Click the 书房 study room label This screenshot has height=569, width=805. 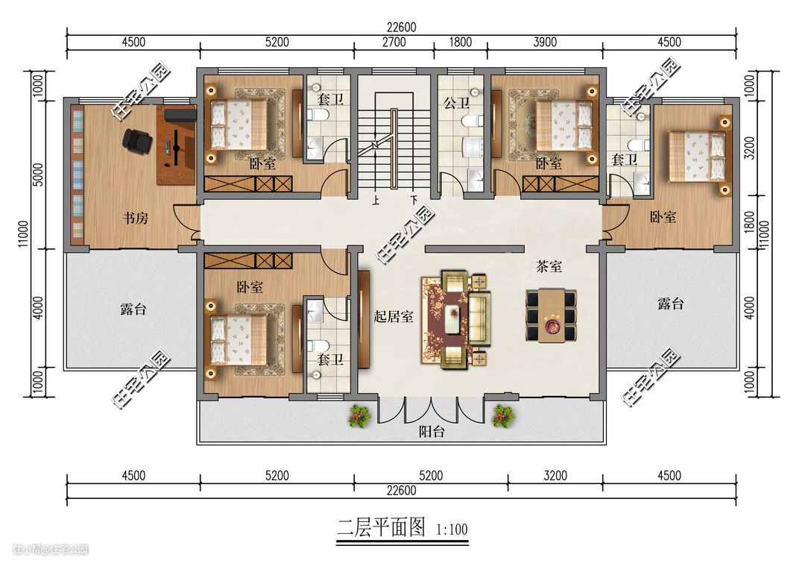tap(136, 219)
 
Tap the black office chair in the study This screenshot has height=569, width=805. tap(137, 140)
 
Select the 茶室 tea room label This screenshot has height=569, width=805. tap(549, 266)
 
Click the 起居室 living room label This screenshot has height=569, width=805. tap(394, 316)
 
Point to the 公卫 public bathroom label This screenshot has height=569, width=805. tap(456, 103)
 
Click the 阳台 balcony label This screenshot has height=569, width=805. tap(432, 431)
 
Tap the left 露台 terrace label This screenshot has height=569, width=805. tap(133, 309)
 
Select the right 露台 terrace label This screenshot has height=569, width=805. tap(671, 304)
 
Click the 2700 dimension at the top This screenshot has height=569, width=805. tap(394, 42)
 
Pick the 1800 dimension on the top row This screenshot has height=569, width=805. tap(460, 42)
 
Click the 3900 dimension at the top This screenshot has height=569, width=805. tap(545, 42)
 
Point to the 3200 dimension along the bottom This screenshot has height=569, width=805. tap(555, 476)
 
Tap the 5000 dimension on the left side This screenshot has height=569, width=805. tap(39, 175)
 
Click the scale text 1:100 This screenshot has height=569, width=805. tap(452, 529)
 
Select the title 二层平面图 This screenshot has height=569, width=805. tap(382, 527)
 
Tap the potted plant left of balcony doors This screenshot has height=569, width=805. tap(359, 415)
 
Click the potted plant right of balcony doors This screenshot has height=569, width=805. tap(503, 415)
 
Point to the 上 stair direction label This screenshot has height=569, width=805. tap(376, 201)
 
